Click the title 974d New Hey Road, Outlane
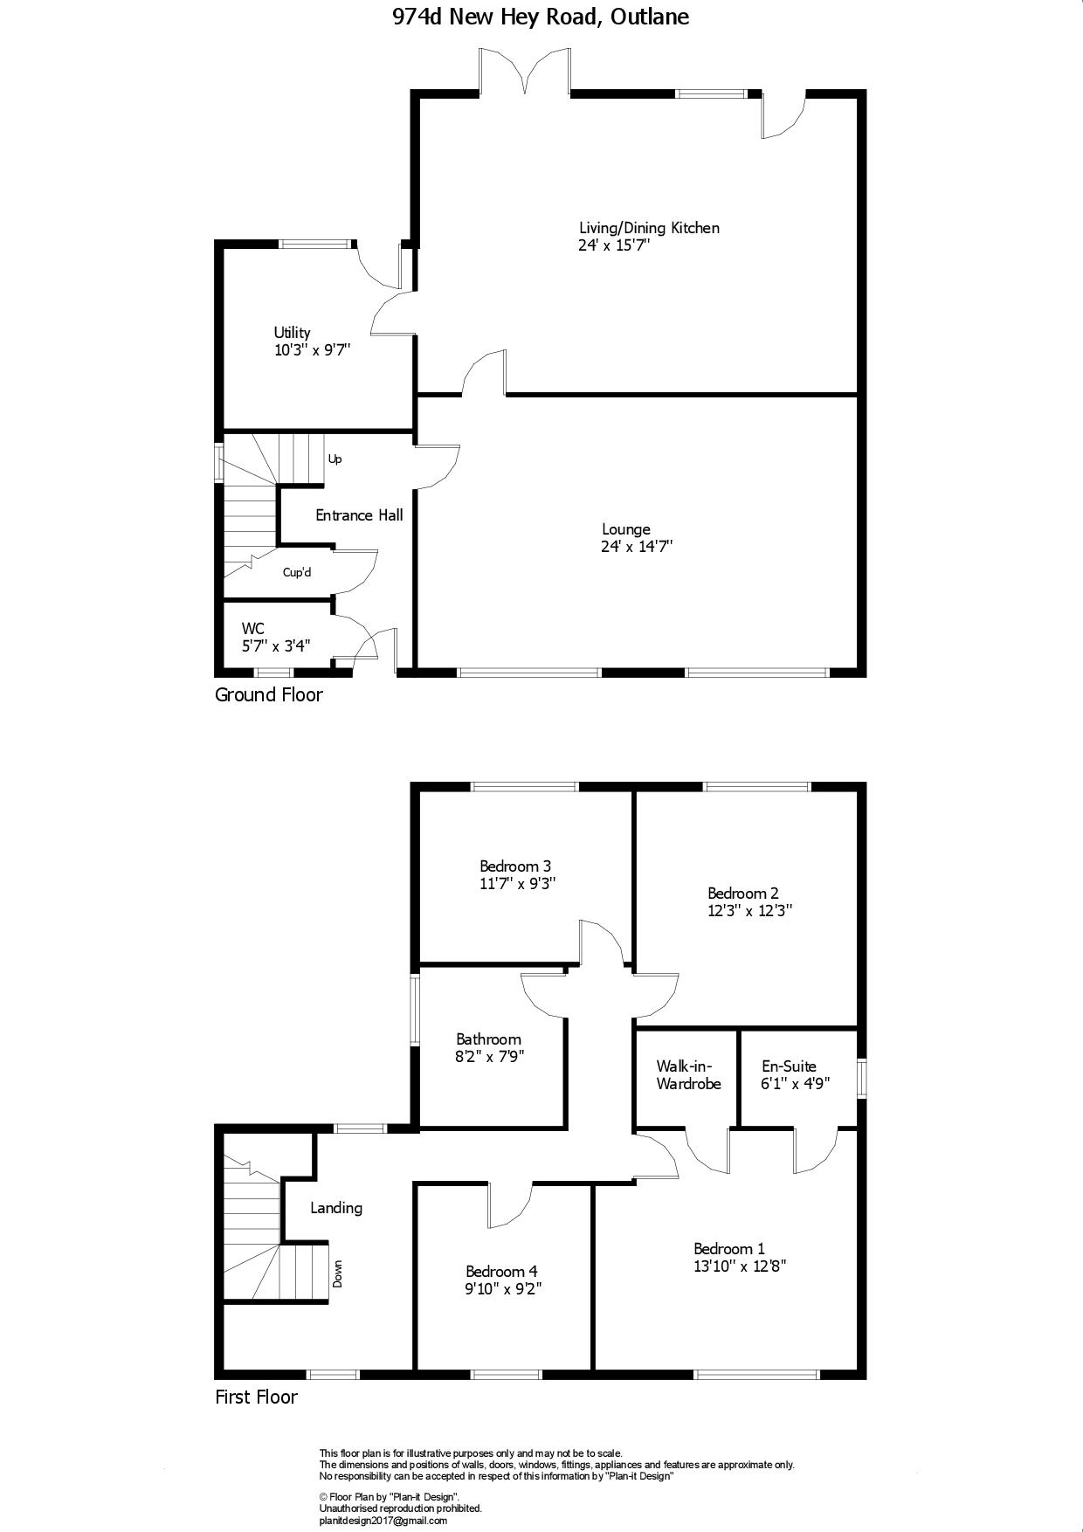(x=541, y=17)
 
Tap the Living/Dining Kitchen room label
(x=649, y=228)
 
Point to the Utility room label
(x=292, y=333)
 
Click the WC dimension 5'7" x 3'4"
(x=276, y=646)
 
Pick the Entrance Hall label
(x=359, y=515)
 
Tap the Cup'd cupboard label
(x=297, y=573)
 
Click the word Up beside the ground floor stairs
(x=335, y=459)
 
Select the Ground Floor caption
(x=269, y=695)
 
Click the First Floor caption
(x=256, y=1397)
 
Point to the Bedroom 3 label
(x=515, y=866)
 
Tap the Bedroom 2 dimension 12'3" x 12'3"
(x=750, y=910)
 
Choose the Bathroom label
(x=488, y=1039)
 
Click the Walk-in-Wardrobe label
(x=689, y=1075)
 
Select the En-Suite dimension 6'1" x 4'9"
(x=796, y=1083)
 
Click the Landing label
(x=336, y=1208)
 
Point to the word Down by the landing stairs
(x=337, y=1273)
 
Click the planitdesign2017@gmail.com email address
(x=383, y=1521)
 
